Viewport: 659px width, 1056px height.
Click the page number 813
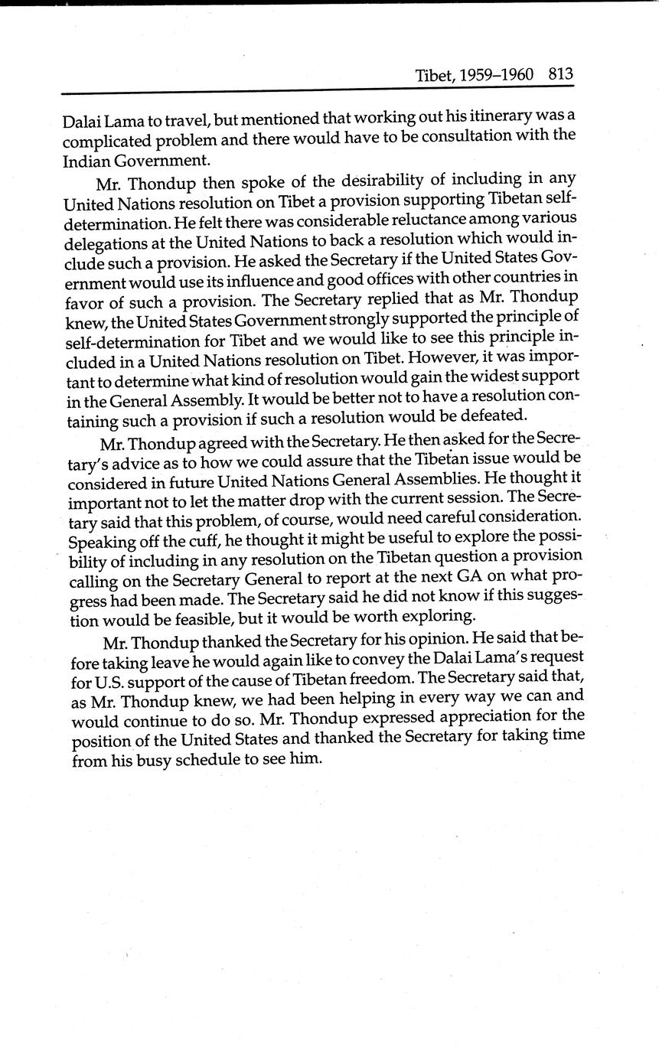click(x=560, y=74)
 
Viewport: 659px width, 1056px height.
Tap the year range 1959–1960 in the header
click(x=498, y=75)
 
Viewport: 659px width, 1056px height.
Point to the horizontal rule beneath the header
click(x=317, y=92)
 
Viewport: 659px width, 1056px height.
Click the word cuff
click(x=201, y=540)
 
